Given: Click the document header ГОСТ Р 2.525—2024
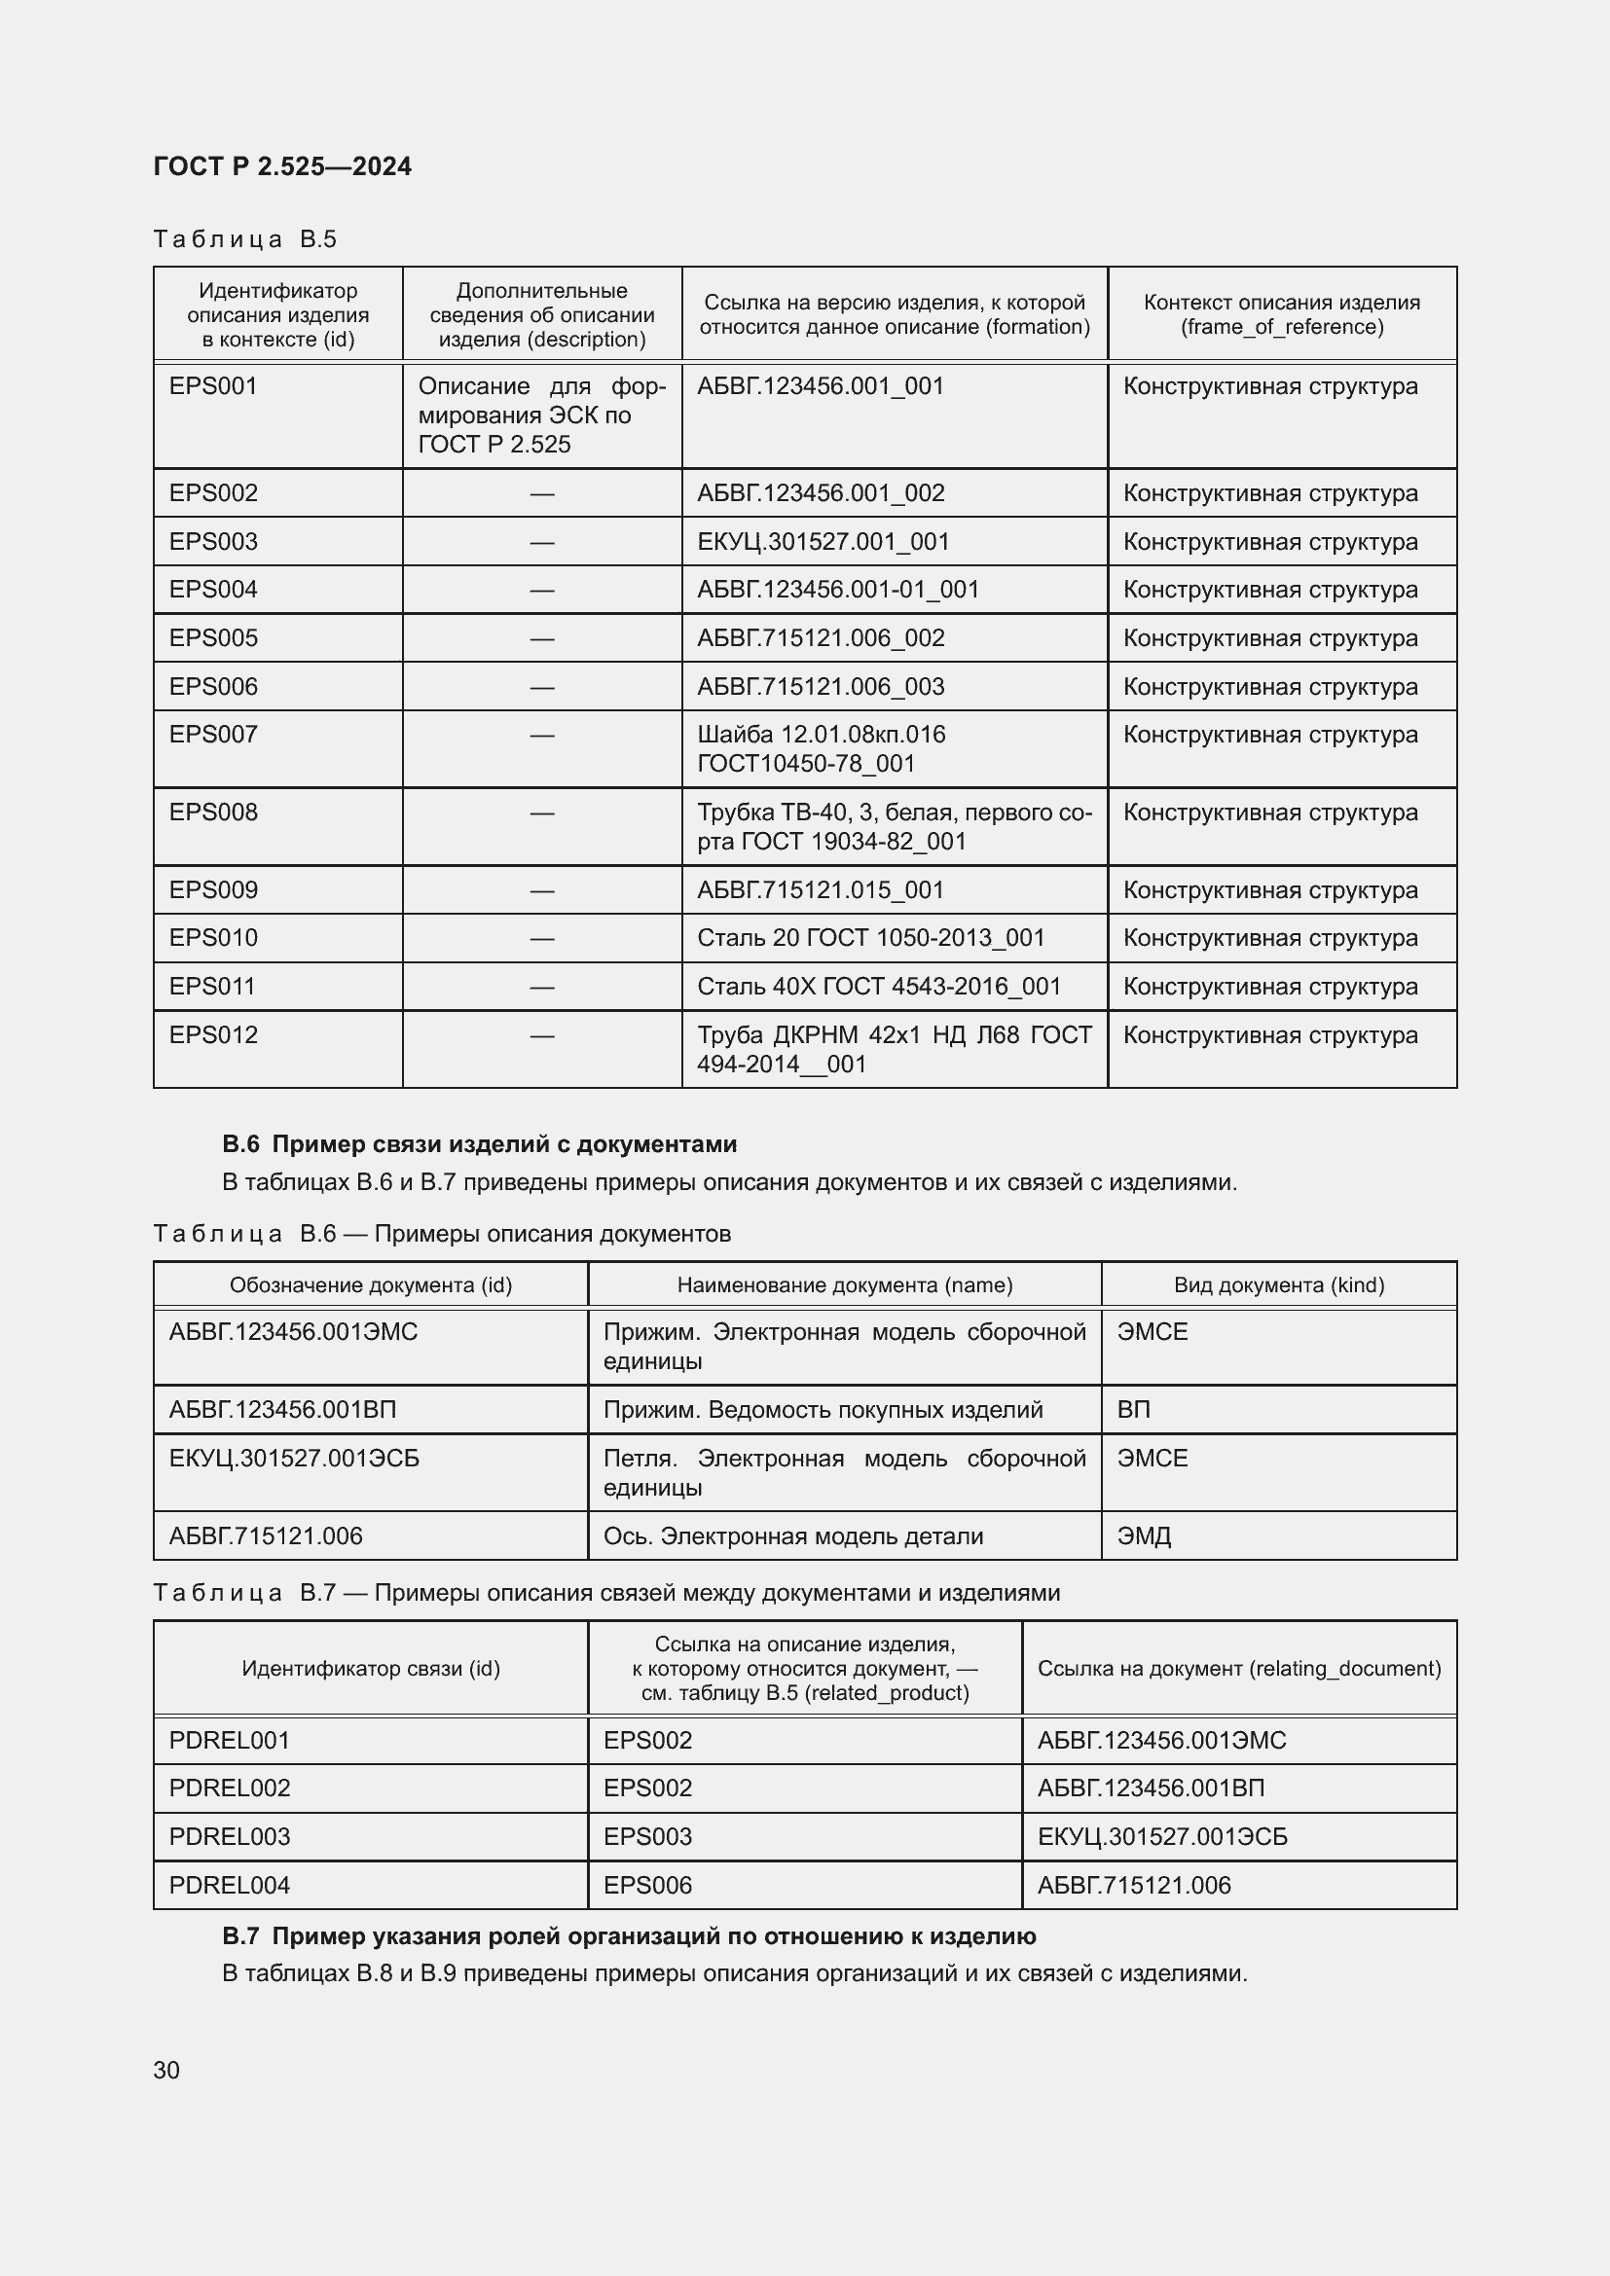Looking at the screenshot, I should pos(282,166).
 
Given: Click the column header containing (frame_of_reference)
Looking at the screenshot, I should pos(1281,314).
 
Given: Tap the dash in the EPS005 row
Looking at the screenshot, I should pos(541,638).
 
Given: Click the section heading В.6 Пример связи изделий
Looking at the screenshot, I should pos(480,1144).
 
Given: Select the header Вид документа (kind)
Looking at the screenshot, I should pos(1278,1284).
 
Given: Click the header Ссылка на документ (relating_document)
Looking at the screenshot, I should pos(1238,1668).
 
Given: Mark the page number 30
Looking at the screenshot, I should pos(166,2070).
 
